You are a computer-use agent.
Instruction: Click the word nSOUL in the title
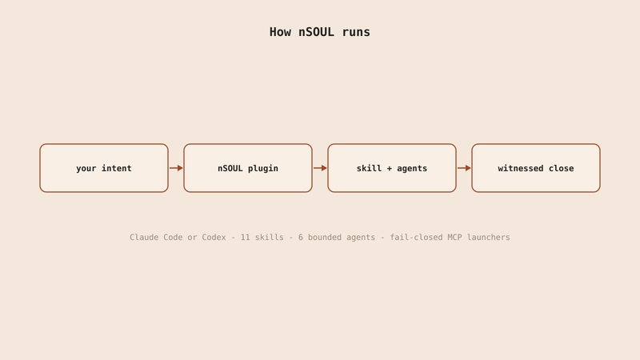316,32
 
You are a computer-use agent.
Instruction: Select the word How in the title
280,32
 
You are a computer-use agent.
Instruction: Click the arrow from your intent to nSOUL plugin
176,168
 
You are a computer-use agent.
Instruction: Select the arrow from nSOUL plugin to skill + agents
321,168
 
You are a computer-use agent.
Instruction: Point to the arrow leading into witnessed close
465,168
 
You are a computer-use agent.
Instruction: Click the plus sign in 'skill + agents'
390,168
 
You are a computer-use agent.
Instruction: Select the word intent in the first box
117,168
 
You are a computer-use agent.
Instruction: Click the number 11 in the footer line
246,237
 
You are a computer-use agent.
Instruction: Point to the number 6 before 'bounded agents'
301,237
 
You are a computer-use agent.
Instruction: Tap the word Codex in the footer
214,237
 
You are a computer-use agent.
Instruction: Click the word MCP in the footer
454,237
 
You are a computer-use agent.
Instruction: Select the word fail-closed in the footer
416,237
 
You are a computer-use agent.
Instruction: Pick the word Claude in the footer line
144,237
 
